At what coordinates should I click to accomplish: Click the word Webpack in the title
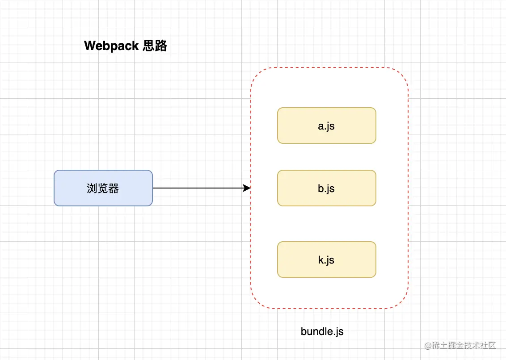click(x=111, y=46)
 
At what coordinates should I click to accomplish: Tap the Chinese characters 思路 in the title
click(x=155, y=46)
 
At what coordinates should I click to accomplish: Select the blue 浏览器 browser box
click(x=103, y=188)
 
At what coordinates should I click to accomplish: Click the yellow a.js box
click(x=326, y=126)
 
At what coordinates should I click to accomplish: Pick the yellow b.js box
click(x=326, y=188)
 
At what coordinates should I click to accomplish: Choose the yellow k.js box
click(x=326, y=260)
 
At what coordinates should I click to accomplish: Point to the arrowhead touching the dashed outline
click(x=247, y=188)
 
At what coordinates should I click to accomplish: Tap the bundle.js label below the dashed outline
click(x=322, y=331)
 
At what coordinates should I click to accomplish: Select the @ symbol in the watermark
click(x=427, y=346)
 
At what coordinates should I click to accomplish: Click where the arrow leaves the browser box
click(x=153, y=188)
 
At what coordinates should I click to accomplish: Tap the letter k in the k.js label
click(x=320, y=260)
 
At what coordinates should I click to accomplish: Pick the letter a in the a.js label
click(x=320, y=126)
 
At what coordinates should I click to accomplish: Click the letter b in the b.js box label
click(x=320, y=188)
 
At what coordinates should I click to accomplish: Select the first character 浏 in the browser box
click(x=92, y=188)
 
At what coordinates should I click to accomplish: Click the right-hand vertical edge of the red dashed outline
click(x=408, y=188)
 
